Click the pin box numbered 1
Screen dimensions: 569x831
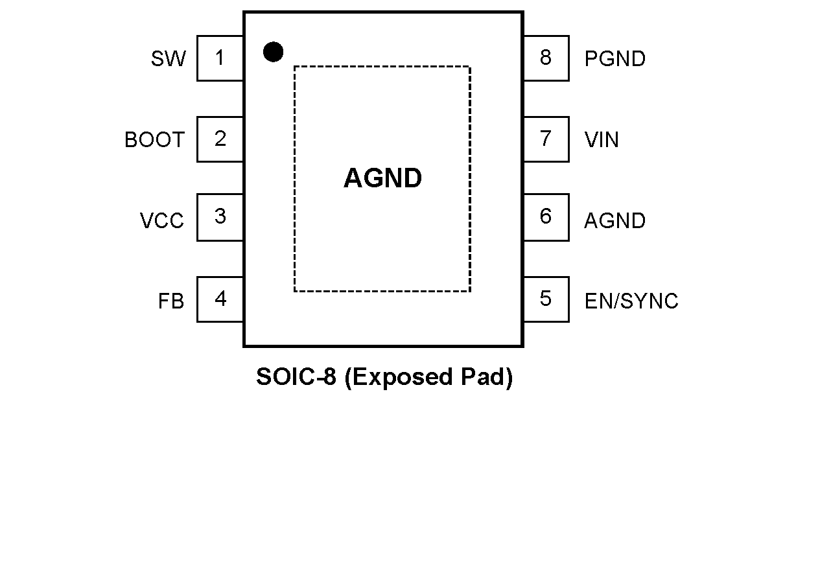point(220,58)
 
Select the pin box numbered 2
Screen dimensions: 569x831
point(220,139)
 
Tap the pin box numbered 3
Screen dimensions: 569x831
point(220,217)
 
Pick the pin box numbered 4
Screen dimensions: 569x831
point(220,299)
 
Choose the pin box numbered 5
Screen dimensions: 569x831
point(546,299)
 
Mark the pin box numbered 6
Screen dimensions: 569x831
point(546,217)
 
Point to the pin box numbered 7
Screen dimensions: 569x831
point(546,139)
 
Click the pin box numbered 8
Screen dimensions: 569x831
point(546,58)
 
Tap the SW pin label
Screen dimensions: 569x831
point(168,59)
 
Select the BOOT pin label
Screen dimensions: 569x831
point(154,140)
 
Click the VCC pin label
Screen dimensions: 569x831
point(162,221)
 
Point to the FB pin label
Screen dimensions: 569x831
point(171,301)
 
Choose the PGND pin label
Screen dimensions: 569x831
point(615,59)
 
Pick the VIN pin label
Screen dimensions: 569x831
point(602,140)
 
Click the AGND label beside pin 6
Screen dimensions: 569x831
point(615,221)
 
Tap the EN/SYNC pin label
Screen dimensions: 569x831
point(631,301)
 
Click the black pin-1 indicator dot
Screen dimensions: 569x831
point(273,52)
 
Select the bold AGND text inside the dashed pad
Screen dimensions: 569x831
point(382,178)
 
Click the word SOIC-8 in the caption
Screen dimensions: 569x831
point(296,377)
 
